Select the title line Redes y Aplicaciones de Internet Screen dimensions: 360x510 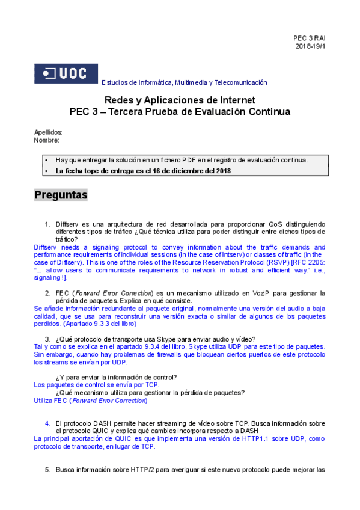(x=180, y=100)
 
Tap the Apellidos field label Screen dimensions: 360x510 (x=48, y=132)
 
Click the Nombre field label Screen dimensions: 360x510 (x=46, y=140)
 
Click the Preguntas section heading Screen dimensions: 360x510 (x=61, y=195)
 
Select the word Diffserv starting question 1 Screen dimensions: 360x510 (x=69, y=224)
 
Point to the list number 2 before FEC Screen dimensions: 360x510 (x=47, y=293)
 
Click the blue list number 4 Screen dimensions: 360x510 (x=47, y=423)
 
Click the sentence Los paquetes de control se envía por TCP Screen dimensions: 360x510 (x=97, y=384)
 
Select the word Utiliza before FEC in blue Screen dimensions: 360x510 (x=44, y=400)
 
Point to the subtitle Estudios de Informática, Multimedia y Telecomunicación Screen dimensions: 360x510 (x=185, y=82)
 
